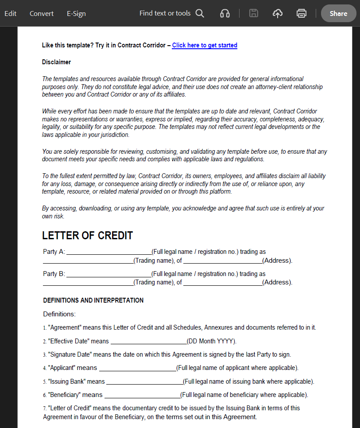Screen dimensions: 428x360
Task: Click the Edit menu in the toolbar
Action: click(10, 13)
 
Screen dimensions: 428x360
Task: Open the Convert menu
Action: click(42, 13)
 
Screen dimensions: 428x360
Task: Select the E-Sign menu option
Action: click(76, 13)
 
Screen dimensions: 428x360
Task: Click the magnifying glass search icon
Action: click(200, 13)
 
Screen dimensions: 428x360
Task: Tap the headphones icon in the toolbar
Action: click(225, 13)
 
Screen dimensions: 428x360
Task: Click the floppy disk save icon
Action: click(254, 13)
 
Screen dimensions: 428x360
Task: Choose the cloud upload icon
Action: click(278, 13)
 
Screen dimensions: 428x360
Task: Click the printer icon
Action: click(302, 13)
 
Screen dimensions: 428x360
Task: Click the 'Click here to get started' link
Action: click(205, 45)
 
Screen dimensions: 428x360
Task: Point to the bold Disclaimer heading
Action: click(56, 62)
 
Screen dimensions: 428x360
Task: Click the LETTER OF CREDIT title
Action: click(87, 236)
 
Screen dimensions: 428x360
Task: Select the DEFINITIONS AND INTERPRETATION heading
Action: click(93, 300)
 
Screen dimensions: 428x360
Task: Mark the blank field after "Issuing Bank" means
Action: click(144, 382)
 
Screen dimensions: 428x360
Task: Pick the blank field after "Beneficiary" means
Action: click(142, 395)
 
